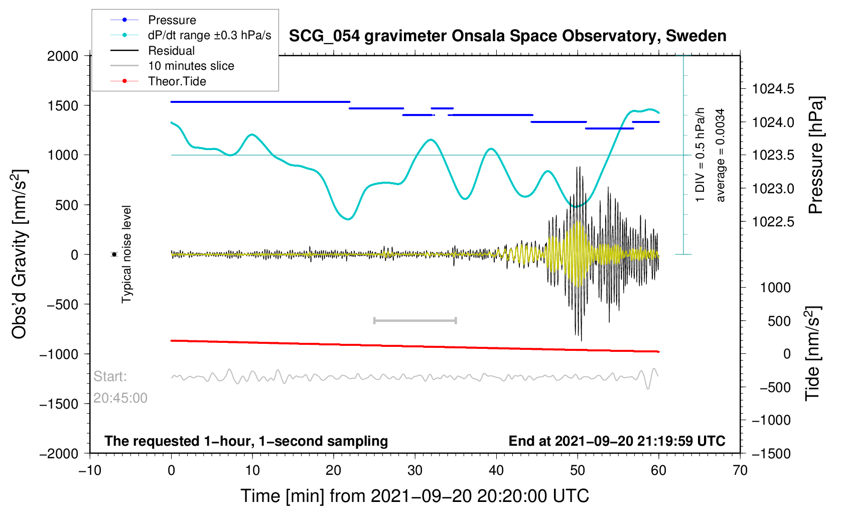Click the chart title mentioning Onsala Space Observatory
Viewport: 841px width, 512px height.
tap(507, 36)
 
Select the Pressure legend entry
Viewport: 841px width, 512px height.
tap(172, 20)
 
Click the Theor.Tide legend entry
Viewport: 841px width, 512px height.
tap(177, 81)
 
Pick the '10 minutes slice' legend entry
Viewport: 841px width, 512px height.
tap(191, 66)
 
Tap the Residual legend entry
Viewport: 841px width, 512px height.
tap(171, 51)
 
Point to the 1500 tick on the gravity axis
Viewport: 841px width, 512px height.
tap(63, 106)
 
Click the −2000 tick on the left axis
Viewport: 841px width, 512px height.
tap(59, 454)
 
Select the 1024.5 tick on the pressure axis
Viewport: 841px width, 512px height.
tap(773, 89)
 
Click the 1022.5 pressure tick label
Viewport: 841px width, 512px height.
tap(773, 222)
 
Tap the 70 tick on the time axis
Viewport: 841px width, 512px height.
tap(740, 471)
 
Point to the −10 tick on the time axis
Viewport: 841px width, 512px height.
tap(90, 471)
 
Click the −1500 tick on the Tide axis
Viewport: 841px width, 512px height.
tap(771, 454)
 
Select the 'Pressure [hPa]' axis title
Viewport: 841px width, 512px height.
tap(816, 156)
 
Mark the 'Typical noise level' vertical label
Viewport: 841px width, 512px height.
tap(126, 254)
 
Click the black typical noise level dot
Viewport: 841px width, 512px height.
tap(114, 254)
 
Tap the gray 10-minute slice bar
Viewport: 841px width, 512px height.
tap(415, 320)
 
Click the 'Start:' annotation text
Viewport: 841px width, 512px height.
tap(110, 376)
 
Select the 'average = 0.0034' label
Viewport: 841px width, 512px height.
tap(721, 156)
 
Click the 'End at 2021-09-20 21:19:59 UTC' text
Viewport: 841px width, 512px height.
tap(617, 441)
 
